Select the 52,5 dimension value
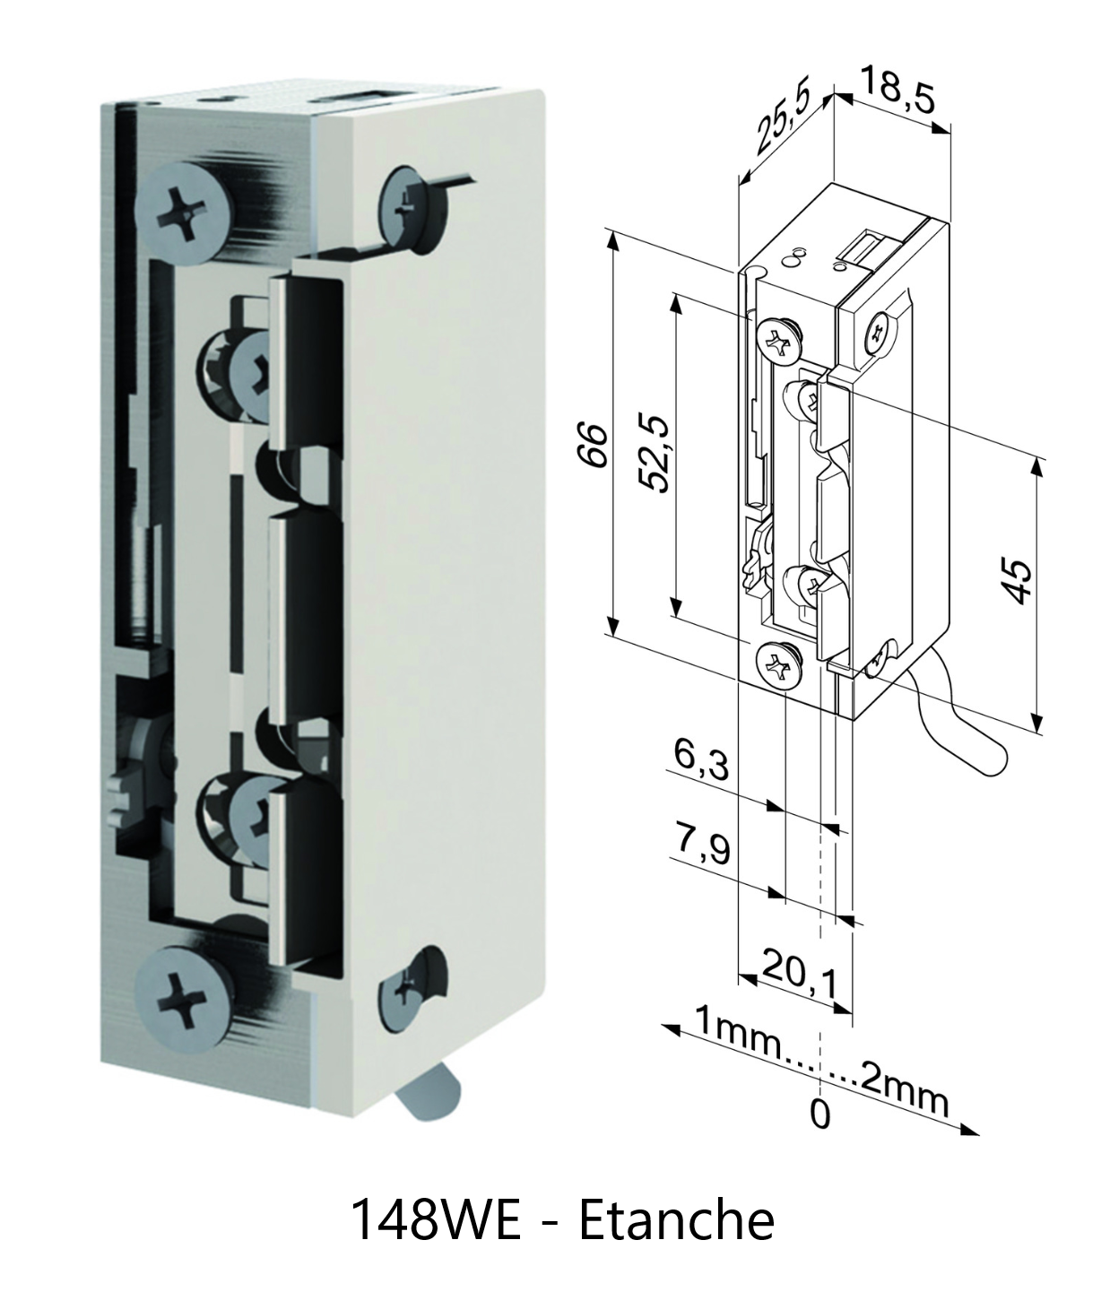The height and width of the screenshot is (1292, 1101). (x=655, y=453)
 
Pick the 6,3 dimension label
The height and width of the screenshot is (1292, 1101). (x=701, y=761)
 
